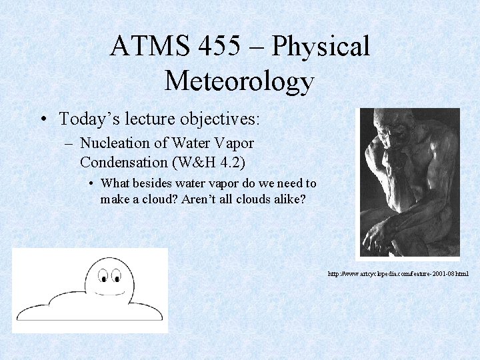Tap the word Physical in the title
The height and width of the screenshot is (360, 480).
pyautogui.click(x=321, y=47)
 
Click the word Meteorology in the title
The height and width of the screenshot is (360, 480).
pyautogui.click(x=239, y=81)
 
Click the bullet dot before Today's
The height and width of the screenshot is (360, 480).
pyautogui.click(x=42, y=119)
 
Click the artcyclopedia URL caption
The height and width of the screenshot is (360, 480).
pyautogui.click(x=397, y=274)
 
